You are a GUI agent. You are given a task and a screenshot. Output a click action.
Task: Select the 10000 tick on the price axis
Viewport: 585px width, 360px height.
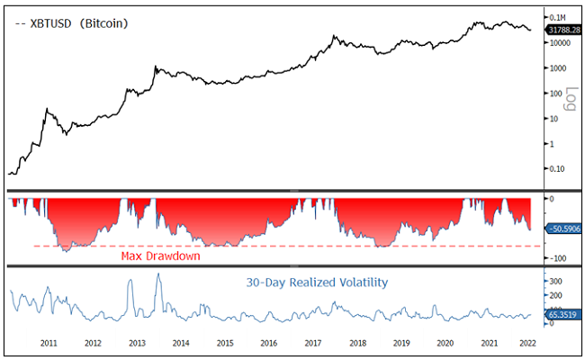point(562,43)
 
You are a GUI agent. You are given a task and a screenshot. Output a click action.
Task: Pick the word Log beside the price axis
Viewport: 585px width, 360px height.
point(569,99)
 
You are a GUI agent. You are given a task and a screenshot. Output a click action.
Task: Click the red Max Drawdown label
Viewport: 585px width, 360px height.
point(160,256)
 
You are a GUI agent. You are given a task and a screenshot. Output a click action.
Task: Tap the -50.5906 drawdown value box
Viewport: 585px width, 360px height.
point(562,229)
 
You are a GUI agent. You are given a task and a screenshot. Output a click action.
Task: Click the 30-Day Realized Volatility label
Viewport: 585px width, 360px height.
point(317,283)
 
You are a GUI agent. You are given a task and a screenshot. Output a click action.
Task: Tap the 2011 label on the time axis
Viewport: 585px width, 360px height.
point(49,344)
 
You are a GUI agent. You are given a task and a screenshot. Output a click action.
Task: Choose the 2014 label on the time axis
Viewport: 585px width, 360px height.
point(180,344)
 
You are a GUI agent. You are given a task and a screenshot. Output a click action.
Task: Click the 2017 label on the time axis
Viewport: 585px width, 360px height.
point(313,344)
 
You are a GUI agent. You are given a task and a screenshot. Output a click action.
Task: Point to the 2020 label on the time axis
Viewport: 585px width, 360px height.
point(445,344)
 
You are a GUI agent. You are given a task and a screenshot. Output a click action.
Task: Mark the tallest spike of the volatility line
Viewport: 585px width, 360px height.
point(159,274)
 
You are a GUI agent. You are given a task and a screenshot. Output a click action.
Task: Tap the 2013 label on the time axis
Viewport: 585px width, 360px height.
point(137,344)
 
